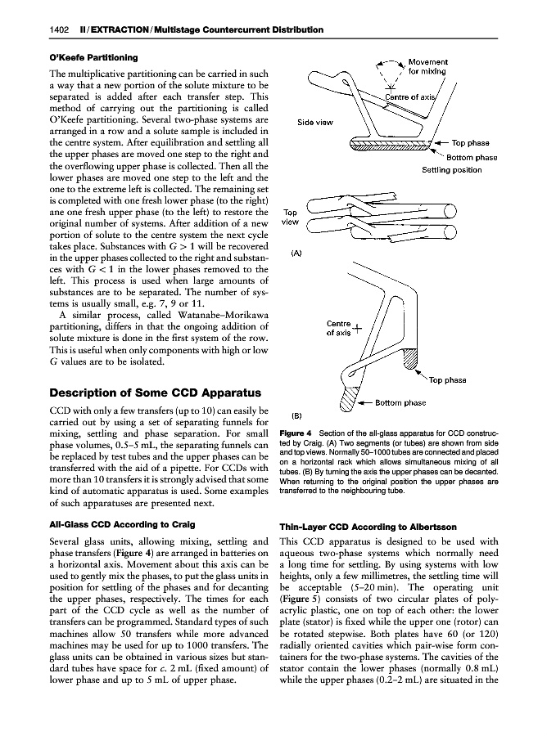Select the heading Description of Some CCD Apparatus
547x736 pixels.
tap(156, 392)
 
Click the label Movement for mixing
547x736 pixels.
tap(427, 67)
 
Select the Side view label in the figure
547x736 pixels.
tap(315, 123)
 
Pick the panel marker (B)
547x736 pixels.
tap(299, 414)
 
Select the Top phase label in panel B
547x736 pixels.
tap(447, 379)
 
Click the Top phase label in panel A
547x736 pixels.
tap(470, 142)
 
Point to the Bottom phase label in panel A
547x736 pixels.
tap(472, 157)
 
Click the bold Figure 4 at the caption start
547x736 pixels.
tap(296, 432)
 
